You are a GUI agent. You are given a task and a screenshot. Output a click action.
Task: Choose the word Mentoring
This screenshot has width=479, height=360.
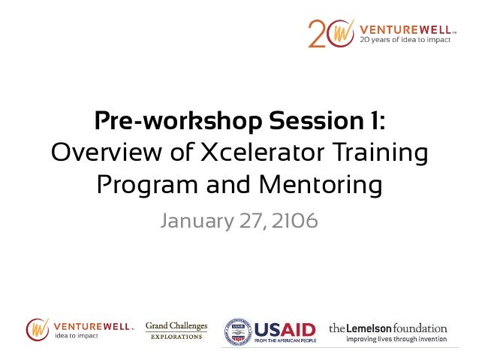pyautogui.click(x=319, y=184)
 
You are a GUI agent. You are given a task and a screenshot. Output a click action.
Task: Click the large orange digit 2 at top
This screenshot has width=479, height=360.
pyautogui.click(x=318, y=34)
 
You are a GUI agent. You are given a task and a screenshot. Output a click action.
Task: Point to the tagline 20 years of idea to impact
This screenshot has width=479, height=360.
pyautogui.click(x=406, y=40)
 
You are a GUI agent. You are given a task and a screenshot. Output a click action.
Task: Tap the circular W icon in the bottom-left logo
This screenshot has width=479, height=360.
pyautogui.click(x=38, y=328)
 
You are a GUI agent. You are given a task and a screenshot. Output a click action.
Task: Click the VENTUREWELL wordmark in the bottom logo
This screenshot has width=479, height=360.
pyautogui.click(x=92, y=325)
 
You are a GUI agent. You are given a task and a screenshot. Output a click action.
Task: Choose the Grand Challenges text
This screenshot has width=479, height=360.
pyautogui.click(x=176, y=325)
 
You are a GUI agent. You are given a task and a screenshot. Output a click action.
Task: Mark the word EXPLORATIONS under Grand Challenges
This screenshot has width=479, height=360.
pyautogui.click(x=176, y=336)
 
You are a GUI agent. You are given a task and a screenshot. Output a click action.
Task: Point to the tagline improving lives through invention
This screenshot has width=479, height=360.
pyautogui.click(x=396, y=339)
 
